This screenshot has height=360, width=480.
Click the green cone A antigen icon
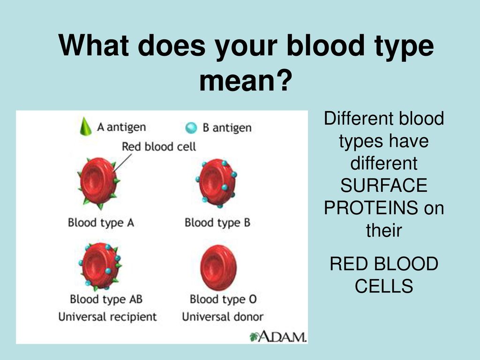pos(86,127)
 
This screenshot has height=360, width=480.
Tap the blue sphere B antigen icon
pos(191,127)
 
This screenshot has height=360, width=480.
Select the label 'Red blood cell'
pos(158,147)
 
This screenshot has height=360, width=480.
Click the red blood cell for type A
pos(98,183)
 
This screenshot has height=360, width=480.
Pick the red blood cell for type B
pos(217,183)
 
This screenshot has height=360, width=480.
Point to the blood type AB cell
pos(99,266)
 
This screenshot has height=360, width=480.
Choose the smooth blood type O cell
pos(218,268)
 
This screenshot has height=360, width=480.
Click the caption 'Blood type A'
pos(101,223)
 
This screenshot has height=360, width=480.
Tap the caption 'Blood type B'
pos(217,223)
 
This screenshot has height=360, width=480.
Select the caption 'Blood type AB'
pos(106,299)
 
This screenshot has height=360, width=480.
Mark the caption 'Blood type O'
pos(223,299)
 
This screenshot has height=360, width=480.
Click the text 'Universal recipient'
pos(107,316)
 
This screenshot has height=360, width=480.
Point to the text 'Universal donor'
pos(223,316)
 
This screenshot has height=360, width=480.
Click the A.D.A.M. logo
pos(278,337)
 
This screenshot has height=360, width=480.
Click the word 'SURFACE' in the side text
pos(384,185)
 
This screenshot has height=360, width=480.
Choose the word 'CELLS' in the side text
pos(384,286)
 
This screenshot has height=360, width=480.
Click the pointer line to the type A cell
pos(122,163)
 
